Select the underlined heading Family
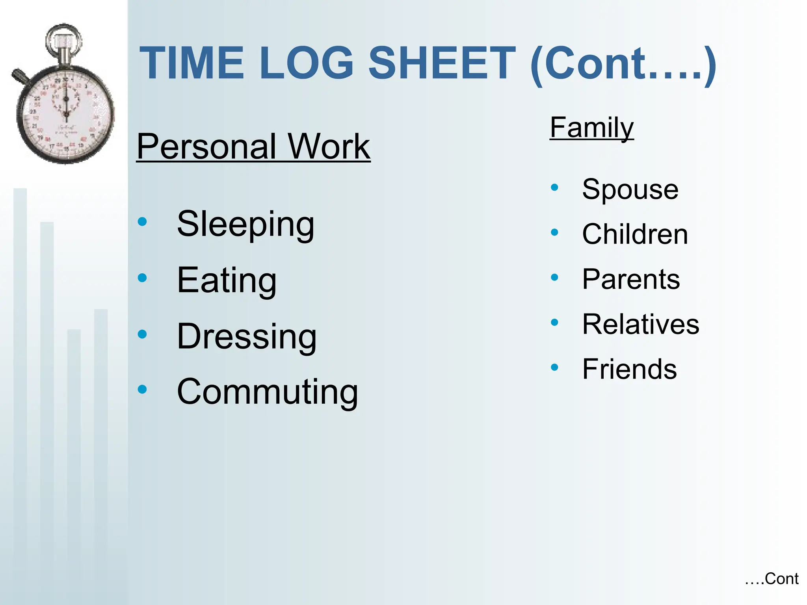[x=591, y=128]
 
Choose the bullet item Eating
[x=227, y=280]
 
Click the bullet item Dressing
[x=247, y=337]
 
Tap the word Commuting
[x=267, y=392]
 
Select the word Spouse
[x=630, y=190]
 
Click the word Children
[x=635, y=234]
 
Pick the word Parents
[x=631, y=279]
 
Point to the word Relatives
[x=641, y=325]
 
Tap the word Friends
[x=629, y=369]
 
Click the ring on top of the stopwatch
[x=63, y=39]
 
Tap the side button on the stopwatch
[x=20, y=76]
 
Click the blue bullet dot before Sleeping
[x=142, y=222]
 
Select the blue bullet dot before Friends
[x=554, y=367]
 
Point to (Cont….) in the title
[x=623, y=65]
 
